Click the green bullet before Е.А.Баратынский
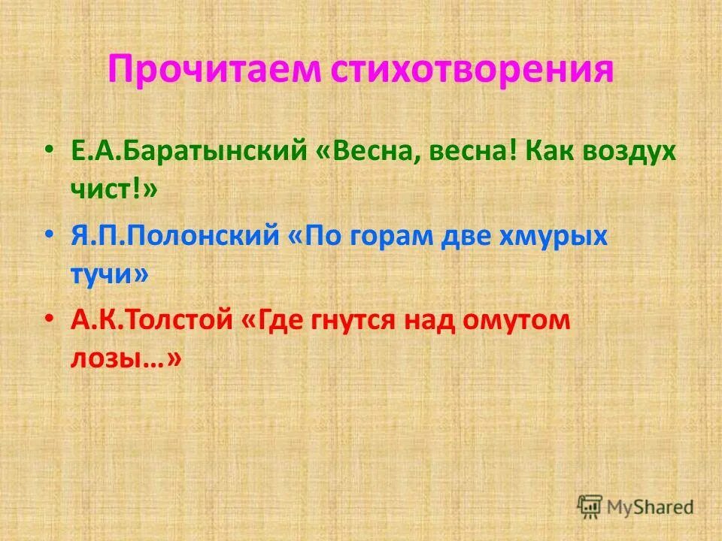[x=49, y=150]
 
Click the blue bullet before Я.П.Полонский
[x=49, y=236]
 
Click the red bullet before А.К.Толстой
[x=49, y=320]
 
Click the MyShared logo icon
[x=590, y=506]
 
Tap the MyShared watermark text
[x=651, y=507]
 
